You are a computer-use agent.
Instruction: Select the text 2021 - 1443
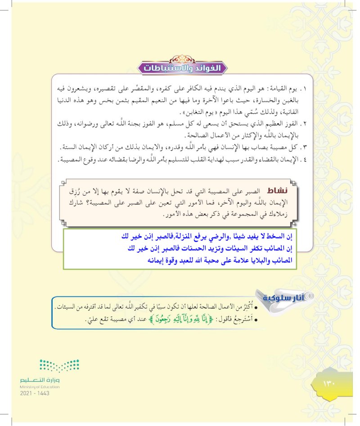[x=35, y=393]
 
